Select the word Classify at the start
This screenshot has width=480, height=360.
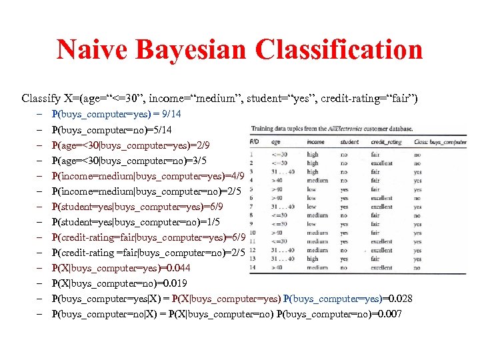click(x=39, y=99)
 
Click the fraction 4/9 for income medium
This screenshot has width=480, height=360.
click(x=238, y=176)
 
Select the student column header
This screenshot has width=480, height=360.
click(x=349, y=142)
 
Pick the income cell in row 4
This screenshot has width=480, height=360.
click(x=317, y=180)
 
